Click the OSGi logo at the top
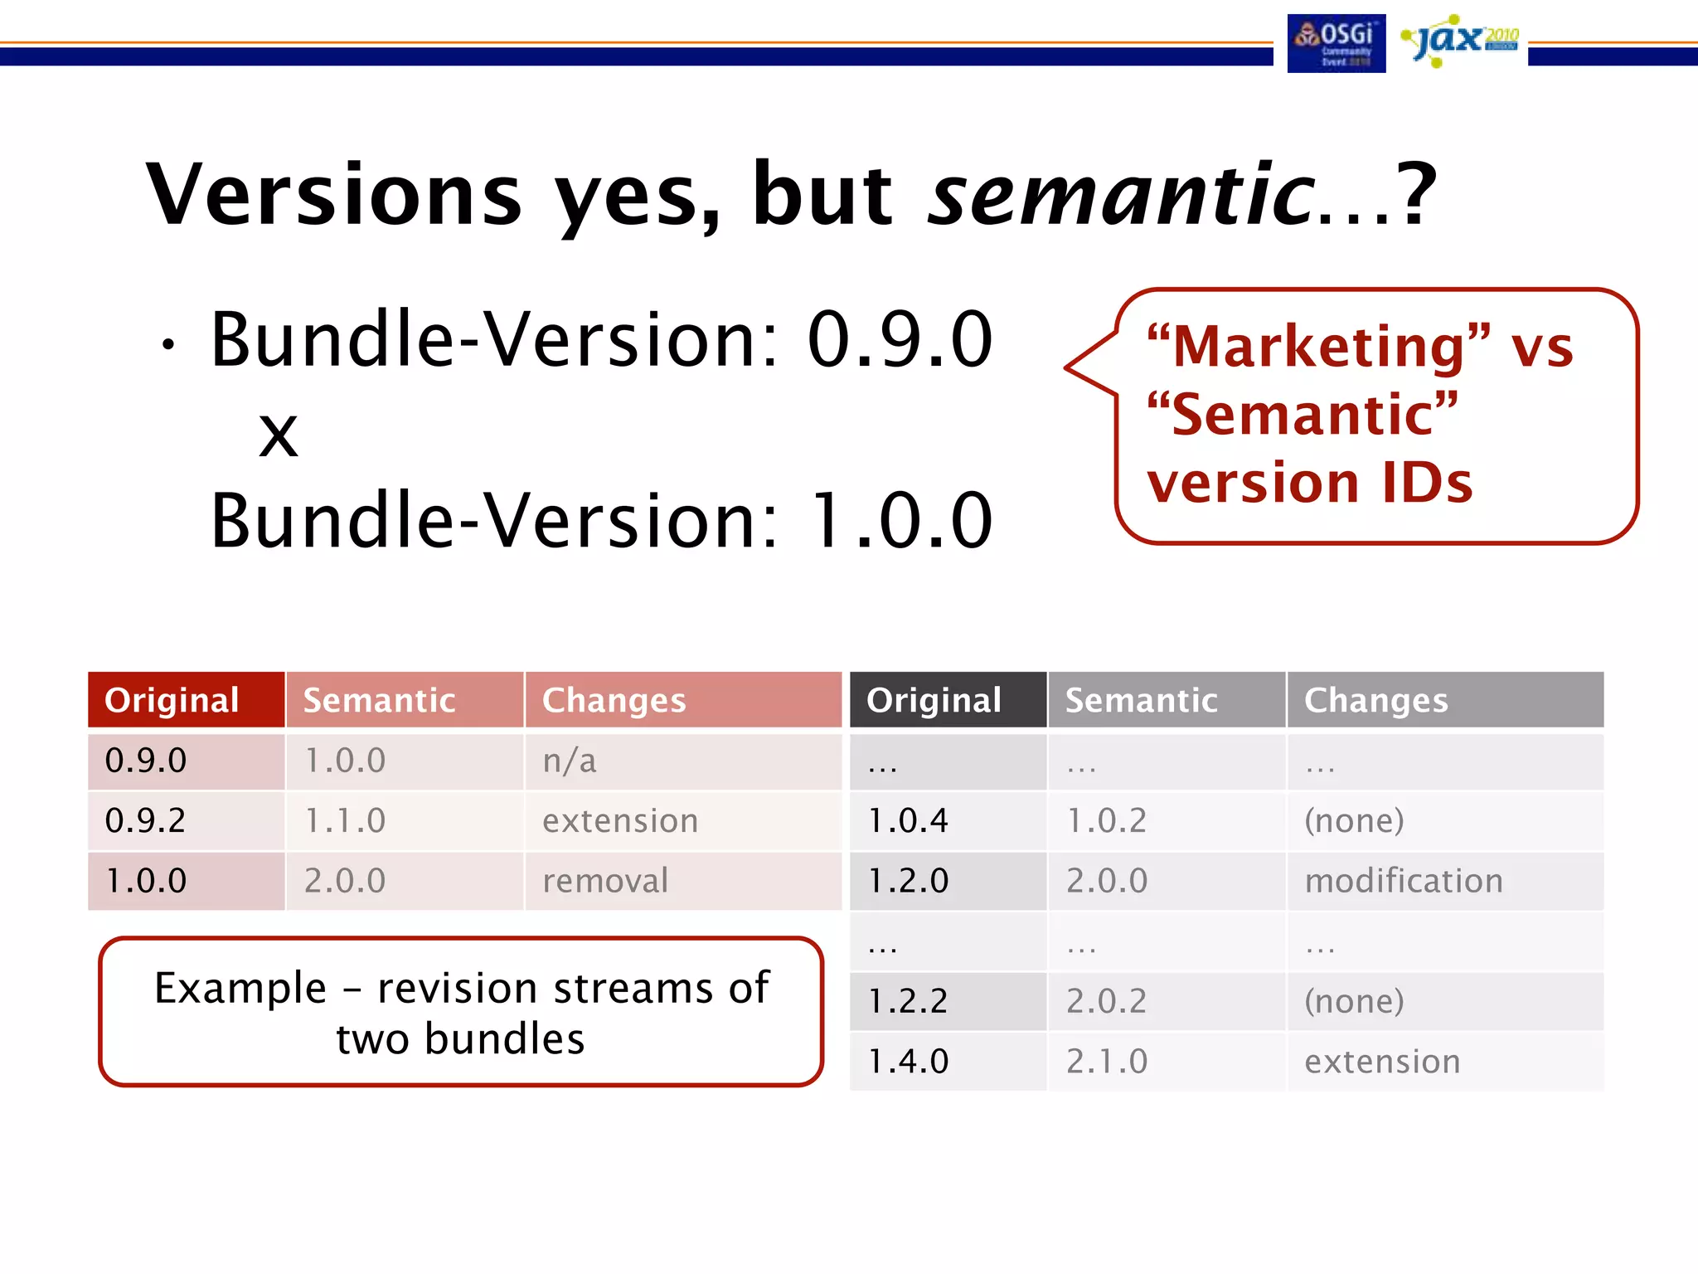[x=1336, y=43]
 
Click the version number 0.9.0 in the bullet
[x=900, y=340]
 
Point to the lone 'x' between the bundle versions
[x=278, y=434]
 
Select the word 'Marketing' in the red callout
[x=1319, y=346]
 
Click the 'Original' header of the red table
[x=172, y=700]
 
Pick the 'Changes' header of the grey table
[x=1375, y=700]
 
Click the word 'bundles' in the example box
[x=504, y=1039]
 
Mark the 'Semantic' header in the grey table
[x=1141, y=700]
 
